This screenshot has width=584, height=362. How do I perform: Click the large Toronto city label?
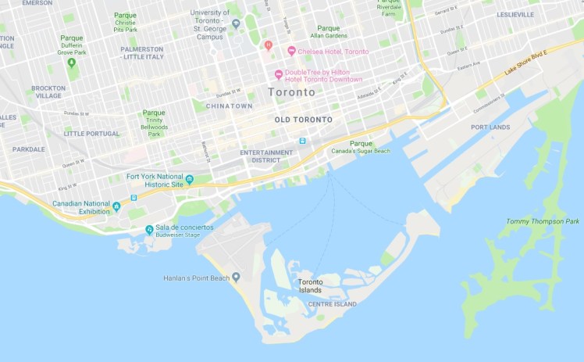click(x=291, y=91)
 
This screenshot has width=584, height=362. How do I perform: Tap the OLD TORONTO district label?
click(x=304, y=120)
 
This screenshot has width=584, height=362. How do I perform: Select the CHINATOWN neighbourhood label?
click(x=230, y=106)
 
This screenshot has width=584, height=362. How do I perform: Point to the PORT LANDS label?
click(x=490, y=127)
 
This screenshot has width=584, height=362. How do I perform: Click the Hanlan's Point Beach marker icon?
click(x=236, y=278)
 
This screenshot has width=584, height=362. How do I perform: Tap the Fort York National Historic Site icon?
click(x=189, y=180)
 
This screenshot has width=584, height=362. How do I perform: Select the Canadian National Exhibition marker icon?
click(x=116, y=206)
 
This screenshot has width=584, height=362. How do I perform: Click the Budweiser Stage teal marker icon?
click(x=149, y=229)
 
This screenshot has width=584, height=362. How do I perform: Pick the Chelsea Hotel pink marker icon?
click(x=291, y=51)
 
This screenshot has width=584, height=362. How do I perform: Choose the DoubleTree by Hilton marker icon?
click(x=278, y=75)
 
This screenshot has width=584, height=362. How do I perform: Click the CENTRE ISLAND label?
click(x=332, y=304)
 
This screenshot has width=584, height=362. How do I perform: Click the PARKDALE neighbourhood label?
click(x=28, y=149)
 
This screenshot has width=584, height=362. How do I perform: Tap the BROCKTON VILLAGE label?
click(x=48, y=92)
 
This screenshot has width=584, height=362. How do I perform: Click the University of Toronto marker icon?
click(x=236, y=23)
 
